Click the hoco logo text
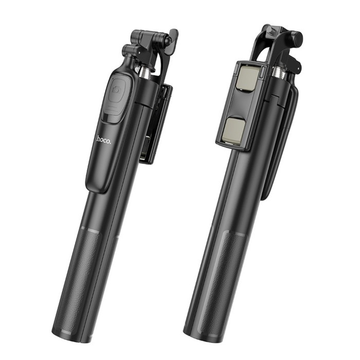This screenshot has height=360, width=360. (103, 139)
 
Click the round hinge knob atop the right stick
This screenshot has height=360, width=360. (295, 38)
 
